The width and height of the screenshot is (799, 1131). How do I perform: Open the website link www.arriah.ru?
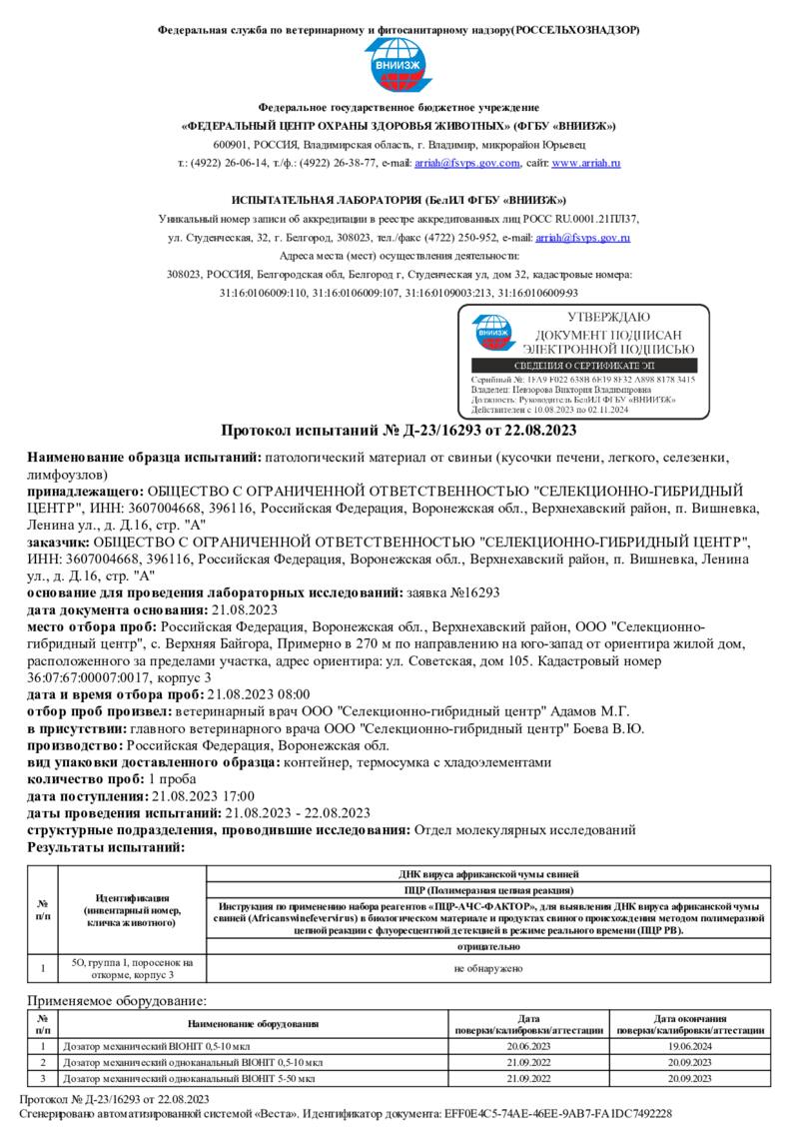586,163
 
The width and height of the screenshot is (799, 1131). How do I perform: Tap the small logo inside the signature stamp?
490,333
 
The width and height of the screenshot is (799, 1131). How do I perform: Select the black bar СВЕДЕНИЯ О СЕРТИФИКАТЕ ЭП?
584,367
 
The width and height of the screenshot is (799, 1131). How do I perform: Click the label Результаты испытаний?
106,846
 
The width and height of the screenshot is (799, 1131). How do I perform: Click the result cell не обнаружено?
487,968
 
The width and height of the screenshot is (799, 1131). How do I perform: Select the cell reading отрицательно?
487,946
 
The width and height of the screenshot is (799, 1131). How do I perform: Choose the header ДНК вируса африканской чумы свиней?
487,873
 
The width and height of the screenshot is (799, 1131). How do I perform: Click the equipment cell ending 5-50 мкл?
189,1079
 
